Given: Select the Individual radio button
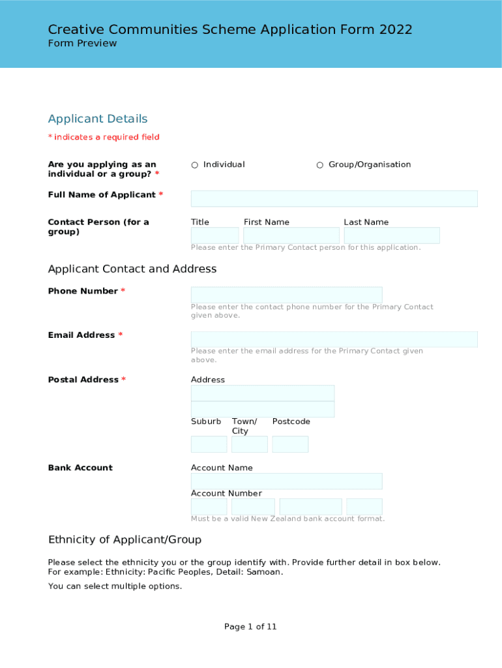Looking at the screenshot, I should [195, 165].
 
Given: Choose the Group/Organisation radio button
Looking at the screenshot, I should [320, 165].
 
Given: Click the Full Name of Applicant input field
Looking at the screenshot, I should [334, 199].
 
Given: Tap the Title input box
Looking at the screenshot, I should [214, 235].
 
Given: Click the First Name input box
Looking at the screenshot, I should [291, 235].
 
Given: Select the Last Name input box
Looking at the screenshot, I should [392, 235].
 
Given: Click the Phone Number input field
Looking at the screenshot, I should [286, 295].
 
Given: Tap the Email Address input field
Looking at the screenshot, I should [334, 339].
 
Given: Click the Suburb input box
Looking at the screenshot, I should [209, 444].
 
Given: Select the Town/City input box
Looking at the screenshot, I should [250, 444].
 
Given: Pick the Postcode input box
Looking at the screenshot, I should [290, 444].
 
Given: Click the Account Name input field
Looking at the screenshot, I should [286, 481].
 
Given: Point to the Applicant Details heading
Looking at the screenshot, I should [98, 119].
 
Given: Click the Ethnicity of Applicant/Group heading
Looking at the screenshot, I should [125, 539].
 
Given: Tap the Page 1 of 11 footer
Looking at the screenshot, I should [250, 627].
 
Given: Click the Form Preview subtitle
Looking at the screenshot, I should [82, 43].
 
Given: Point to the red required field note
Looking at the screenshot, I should [104, 137].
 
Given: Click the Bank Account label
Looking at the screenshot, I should [80, 468].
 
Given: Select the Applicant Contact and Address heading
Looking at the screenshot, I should [132, 269].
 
